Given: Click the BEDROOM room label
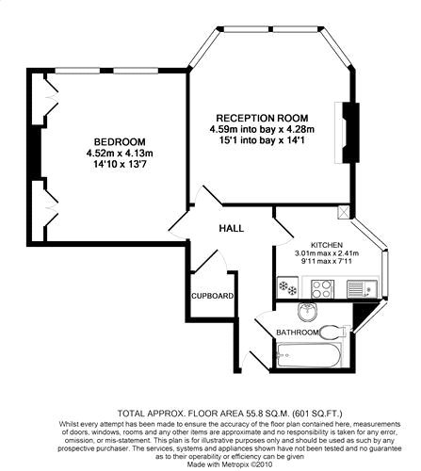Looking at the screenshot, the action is click(120, 141).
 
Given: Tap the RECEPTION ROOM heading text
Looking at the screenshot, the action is click(263, 118).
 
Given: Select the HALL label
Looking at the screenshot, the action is click(232, 228).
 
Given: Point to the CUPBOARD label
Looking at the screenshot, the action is click(213, 296).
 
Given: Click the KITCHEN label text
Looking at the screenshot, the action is click(327, 245).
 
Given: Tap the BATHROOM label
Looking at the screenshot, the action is click(298, 333).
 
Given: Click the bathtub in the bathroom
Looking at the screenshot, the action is click(309, 355).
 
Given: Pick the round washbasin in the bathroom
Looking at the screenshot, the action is click(308, 312).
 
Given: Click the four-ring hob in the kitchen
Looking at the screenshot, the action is click(322, 288).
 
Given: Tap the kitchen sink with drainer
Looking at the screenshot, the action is click(363, 288).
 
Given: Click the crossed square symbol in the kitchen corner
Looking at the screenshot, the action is click(343, 212).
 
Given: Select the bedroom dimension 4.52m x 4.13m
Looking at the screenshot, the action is click(120, 154).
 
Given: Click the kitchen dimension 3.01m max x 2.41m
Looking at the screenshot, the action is click(327, 253).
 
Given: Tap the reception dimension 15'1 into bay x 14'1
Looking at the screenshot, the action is click(263, 140).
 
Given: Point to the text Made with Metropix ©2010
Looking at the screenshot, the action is click(230, 463).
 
